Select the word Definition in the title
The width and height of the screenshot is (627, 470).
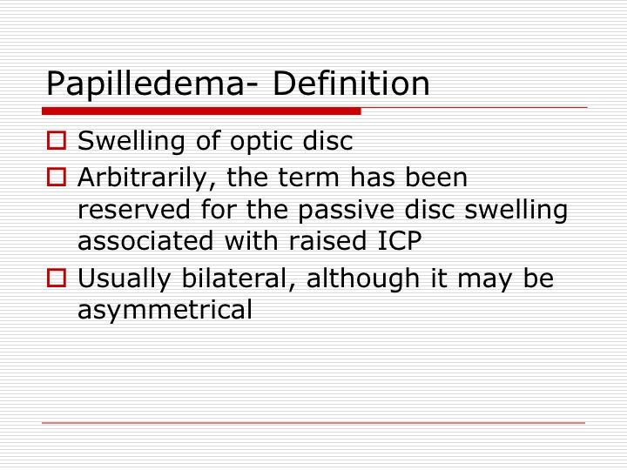(x=351, y=84)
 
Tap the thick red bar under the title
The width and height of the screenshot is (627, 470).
(x=201, y=111)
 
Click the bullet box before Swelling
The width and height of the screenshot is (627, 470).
(x=57, y=140)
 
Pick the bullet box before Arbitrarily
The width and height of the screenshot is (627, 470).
(x=57, y=177)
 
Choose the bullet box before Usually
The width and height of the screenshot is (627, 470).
(x=57, y=278)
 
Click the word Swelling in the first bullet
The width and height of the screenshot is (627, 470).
(x=131, y=142)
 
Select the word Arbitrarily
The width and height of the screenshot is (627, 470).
(x=148, y=178)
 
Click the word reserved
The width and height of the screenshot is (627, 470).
(x=133, y=210)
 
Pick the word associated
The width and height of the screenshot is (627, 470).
(x=145, y=240)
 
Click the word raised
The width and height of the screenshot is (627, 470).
(x=327, y=240)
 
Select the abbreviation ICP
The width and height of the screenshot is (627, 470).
(x=400, y=240)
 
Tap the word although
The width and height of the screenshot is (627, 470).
(x=362, y=279)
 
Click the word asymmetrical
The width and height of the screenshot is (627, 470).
(x=165, y=310)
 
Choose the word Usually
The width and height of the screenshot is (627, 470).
(x=124, y=279)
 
